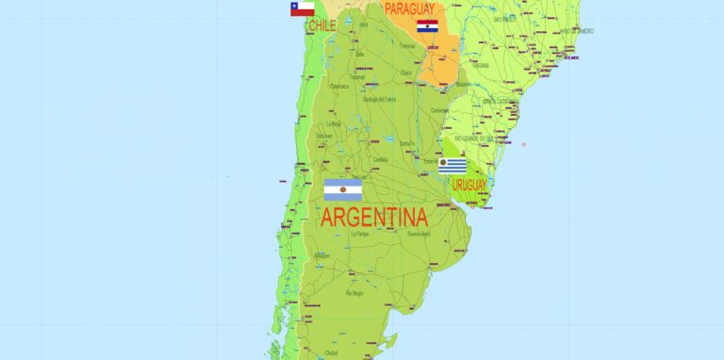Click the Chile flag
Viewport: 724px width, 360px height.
point(302,9)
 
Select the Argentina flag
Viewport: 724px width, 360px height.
point(343,190)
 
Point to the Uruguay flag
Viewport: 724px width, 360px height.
point(452,166)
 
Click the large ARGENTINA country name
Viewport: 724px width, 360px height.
point(374,218)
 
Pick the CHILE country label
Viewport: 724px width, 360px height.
point(321,25)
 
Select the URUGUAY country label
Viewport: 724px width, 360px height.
point(469,186)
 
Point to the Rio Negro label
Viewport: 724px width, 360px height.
point(354,293)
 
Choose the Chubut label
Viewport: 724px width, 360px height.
point(331,352)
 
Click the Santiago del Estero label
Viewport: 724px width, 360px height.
point(384,99)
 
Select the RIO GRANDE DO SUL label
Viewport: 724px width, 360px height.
point(475,138)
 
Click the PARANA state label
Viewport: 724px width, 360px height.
point(481,66)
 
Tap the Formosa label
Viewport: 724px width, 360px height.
point(407,45)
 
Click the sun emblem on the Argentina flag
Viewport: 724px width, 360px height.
point(343,190)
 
